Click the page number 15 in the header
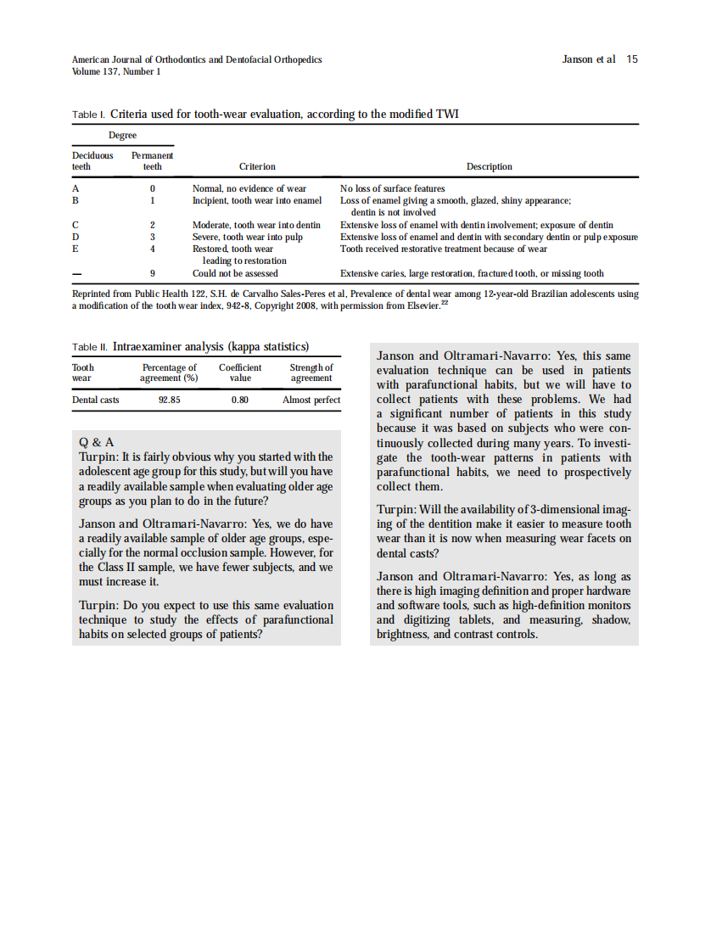(632, 59)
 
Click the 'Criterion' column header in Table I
(257, 167)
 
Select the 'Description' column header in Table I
(490, 167)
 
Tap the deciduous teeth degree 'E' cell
(76, 249)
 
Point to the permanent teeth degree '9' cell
(152, 274)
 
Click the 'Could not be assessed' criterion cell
(235, 274)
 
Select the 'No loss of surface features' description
(392, 188)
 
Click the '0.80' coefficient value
(240, 400)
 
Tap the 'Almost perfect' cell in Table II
(311, 400)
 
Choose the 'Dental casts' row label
(95, 400)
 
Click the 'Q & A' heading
(96, 443)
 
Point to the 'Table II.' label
(90, 347)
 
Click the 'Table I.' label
(88, 114)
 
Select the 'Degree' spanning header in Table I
(122, 136)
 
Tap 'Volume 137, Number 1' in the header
(116, 71)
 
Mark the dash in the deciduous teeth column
(76, 274)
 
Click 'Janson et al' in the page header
(589, 59)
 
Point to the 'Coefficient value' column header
(240, 372)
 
